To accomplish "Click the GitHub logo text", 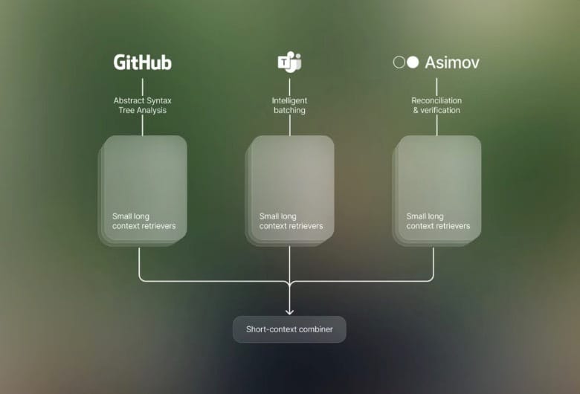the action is pos(143,62).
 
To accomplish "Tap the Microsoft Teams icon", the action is pos(289,62).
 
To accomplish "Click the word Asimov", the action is pos(452,62).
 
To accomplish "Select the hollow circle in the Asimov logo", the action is pos(399,62).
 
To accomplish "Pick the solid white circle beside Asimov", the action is pos(413,62).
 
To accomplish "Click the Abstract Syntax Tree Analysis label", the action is pos(143,106).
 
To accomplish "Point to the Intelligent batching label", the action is pos(290,106).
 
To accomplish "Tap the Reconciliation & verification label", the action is pos(436,106).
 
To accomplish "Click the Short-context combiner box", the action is pos(290,329).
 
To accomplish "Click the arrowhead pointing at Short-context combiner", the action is pos(290,312).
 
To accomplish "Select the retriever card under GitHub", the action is pos(143,191).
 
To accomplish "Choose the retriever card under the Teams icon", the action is pos(290,191).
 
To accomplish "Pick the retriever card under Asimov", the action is pos(436,191).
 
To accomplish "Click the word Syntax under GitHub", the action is pos(158,101).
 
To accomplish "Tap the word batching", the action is pos(290,110).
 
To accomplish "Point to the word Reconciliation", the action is pos(436,100).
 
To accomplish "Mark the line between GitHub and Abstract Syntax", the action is pos(143,86).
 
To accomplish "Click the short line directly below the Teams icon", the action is pos(290,86).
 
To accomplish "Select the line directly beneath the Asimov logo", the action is pos(436,86).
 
